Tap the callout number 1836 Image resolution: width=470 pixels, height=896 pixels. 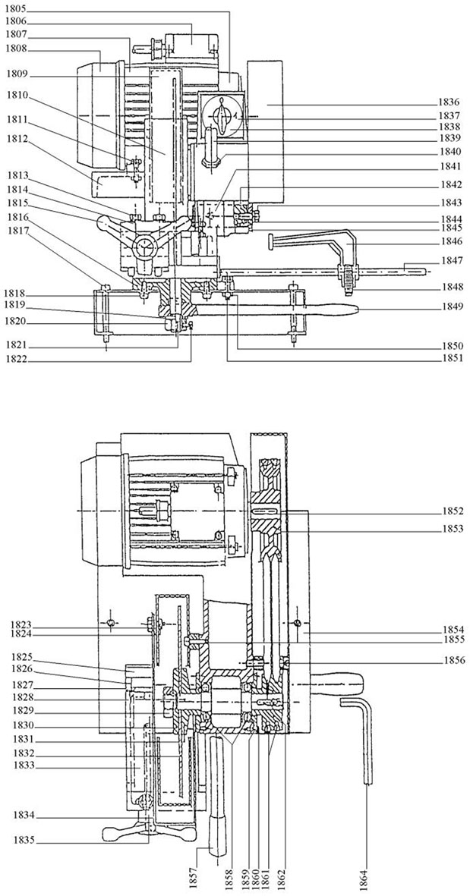450,103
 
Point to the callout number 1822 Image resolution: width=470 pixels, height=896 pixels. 16,360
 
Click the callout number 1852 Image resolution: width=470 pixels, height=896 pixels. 450,510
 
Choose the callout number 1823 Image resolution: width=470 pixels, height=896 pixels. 16,624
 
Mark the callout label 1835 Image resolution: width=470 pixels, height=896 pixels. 16,840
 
